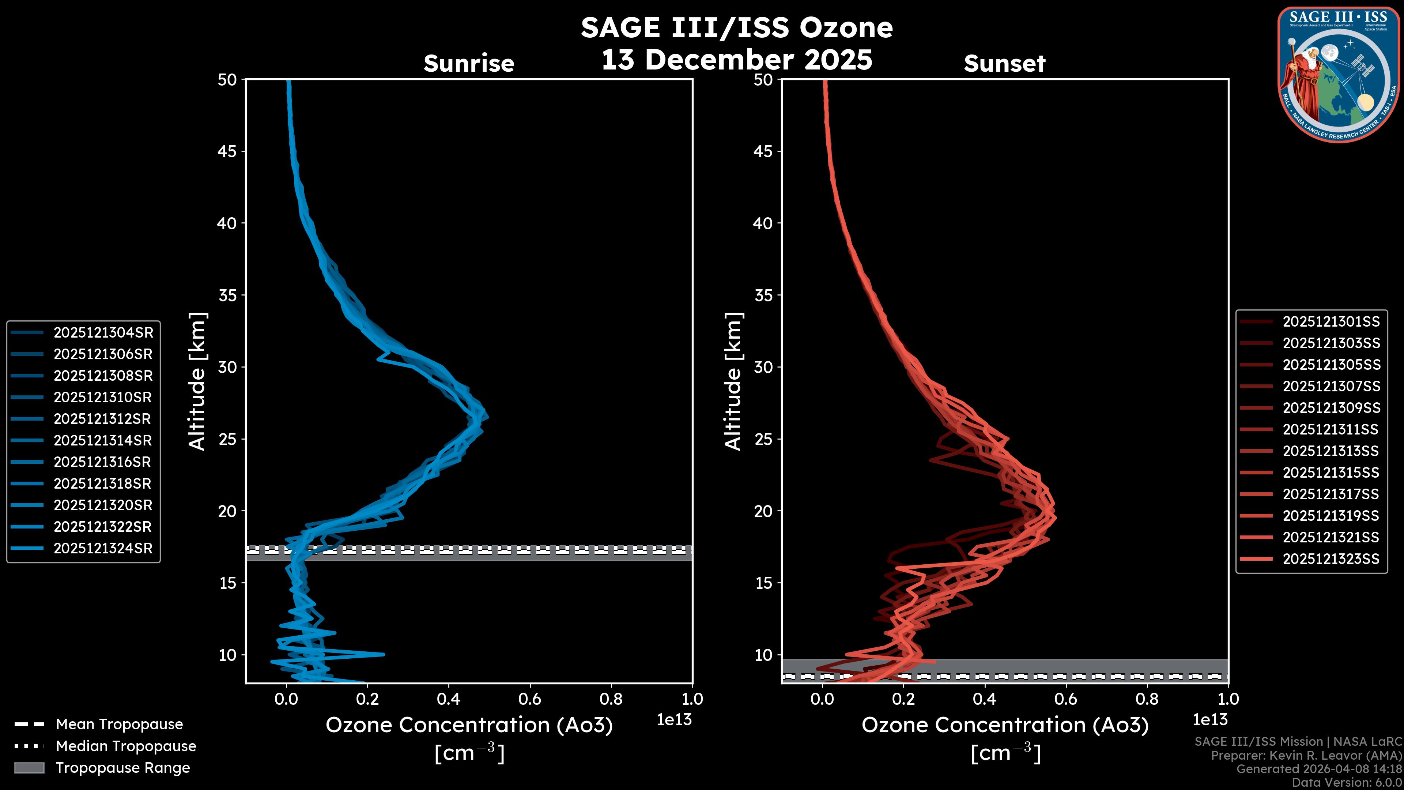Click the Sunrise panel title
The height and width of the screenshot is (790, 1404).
tap(469, 64)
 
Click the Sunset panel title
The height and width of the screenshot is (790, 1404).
tap(1004, 64)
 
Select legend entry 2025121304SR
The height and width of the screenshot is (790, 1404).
tap(103, 332)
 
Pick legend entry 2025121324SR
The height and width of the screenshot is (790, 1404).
tap(103, 549)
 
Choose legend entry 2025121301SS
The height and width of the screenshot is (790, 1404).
tap(1331, 322)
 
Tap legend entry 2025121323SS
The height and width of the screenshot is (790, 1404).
tap(1331, 559)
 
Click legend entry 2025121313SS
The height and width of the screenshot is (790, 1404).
tap(1331, 451)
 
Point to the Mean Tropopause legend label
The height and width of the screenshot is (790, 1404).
tap(119, 725)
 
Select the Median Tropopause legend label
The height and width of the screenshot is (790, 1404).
tap(126, 746)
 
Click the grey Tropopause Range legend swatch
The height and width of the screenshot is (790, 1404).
tap(29, 768)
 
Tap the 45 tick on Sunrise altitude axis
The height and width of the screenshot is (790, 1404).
tap(227, 151)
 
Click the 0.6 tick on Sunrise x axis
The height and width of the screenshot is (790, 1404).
tap(530, 699)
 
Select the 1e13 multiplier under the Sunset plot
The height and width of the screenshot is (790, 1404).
tap(1210, 720)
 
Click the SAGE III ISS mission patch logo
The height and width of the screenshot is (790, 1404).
tap(1339, 75)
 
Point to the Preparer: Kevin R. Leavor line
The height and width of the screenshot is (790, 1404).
tap(1306, 756)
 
